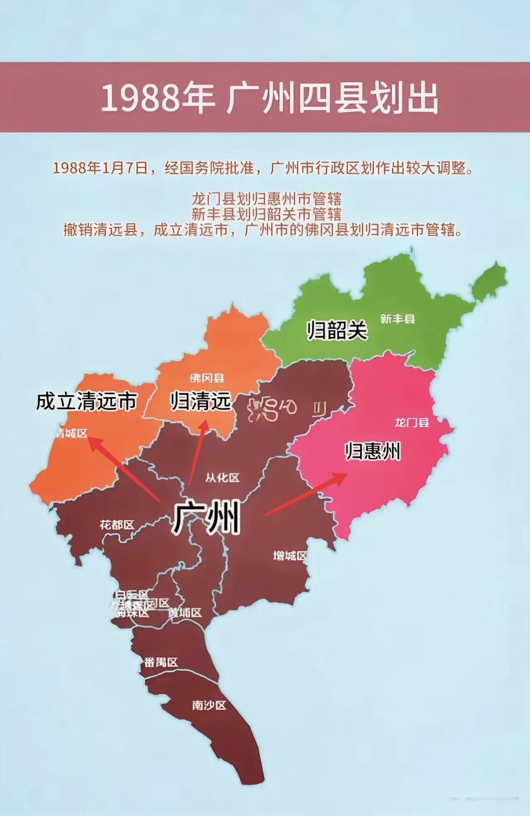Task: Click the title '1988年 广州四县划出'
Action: pyautogui.click(x=269, y=98)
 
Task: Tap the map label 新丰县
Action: pyautogui.click(x=397, y=319)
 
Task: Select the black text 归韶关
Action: pyautogui.click(x=337, y=330)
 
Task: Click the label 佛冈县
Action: pyautogui.click(x=207, y=378)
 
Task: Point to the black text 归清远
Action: pyautogui.click(x=201, y=401)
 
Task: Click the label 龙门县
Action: pyautogui.click(x=412, y=423)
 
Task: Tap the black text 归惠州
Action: pyautogui.click(x=373, y=451)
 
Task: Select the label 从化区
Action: pyautogui.click(x=222, y=478)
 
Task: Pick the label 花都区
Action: pyautogui.click(x=117, y=525)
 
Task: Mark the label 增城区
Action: pyautogui.click(x=290, y=556)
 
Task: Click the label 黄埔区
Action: pyautogui.click(x=185, y=612)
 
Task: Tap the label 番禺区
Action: pyautogui.click(x=161, y=662)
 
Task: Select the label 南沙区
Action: pyautogui.click(x=209, y=705)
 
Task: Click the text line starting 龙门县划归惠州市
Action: pyautogui.click(x=266, y=199)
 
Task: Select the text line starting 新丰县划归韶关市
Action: pyautogui.click(x=266, y=214)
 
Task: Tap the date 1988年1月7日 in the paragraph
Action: pyautogui.click(x=100, y=168)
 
